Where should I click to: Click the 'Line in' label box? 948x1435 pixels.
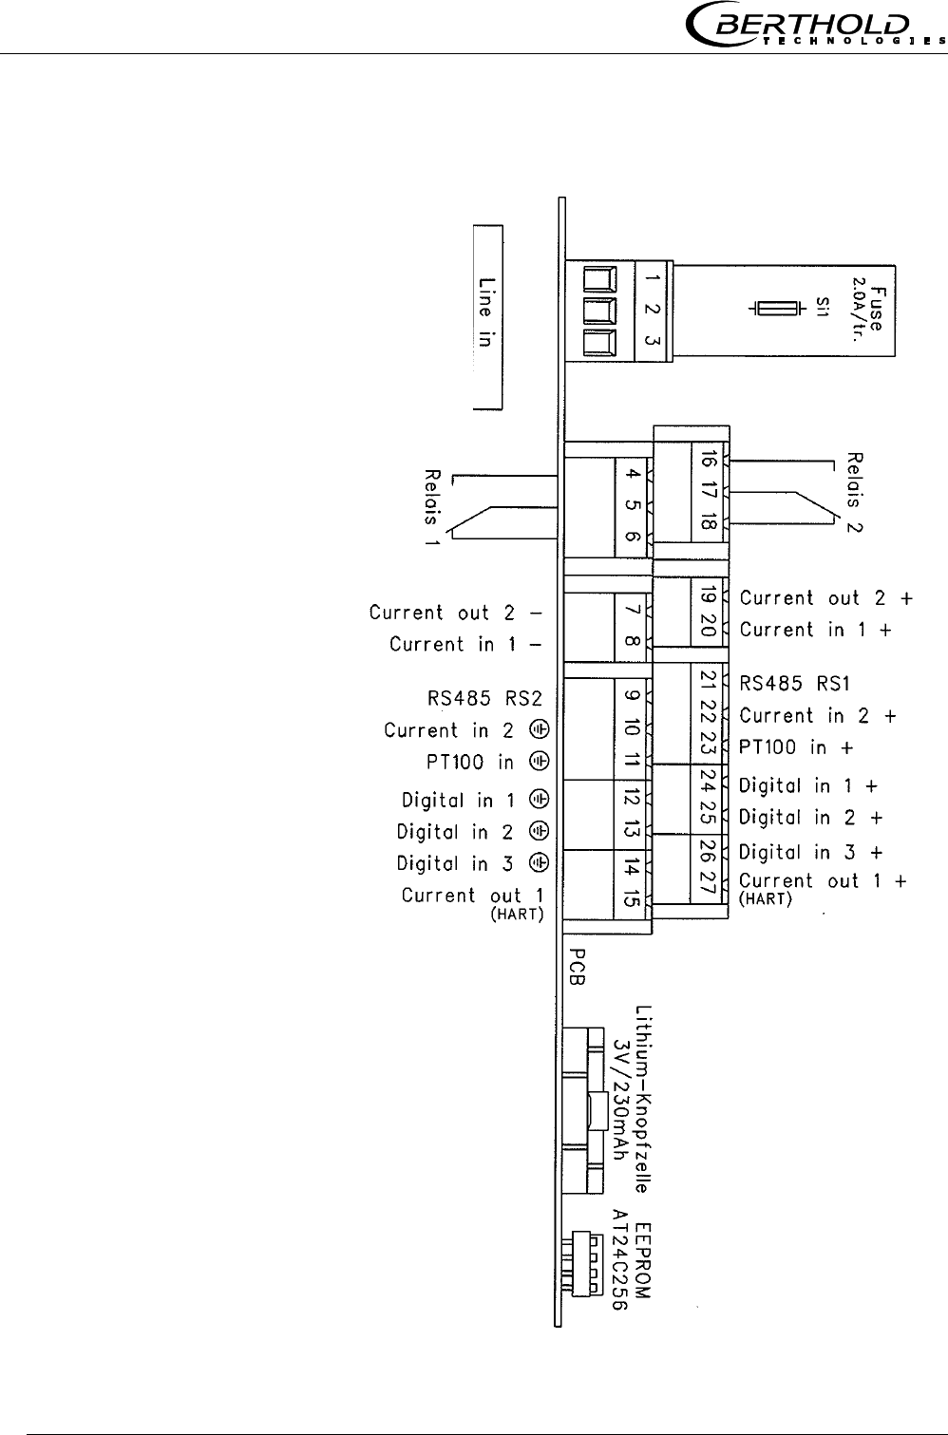(x=487, y=317)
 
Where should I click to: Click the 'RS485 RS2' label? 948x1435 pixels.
(x=484, y=700)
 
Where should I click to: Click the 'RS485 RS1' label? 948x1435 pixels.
(x=795, y=683)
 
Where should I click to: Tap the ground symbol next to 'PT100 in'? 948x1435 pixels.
(x=539, y=762)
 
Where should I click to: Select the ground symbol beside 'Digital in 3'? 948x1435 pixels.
(x=539, y=862)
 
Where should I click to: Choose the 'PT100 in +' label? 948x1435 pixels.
(x=796, y=747)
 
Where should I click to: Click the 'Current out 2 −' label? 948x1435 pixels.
(x=455, y=614)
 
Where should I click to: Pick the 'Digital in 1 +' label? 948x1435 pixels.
(x=807, y=786)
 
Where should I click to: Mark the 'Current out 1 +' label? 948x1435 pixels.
(x=823, y=881)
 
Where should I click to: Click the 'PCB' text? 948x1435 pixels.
(x=577, y=967)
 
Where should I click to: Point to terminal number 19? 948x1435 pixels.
(x=706, y=596)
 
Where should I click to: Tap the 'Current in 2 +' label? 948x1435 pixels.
(x=818, y=716)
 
